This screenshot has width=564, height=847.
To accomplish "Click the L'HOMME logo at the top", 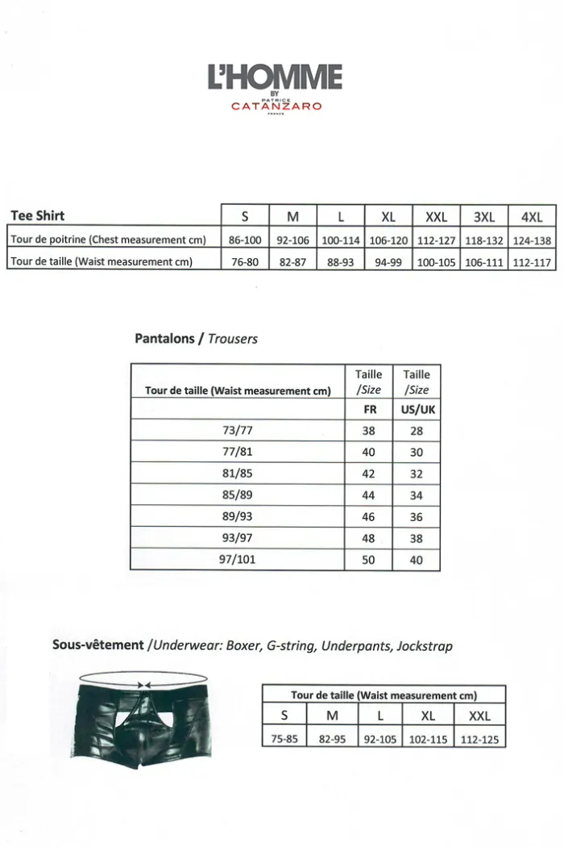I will pyautogui.click(x=275, y=77).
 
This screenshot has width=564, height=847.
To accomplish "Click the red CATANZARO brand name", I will pyautogui.click(x=276, y=106).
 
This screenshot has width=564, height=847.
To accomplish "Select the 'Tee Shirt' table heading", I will pyautogui.click(x=38, y=215).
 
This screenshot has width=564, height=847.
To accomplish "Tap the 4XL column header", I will pyautogui.click(x=532, y=216).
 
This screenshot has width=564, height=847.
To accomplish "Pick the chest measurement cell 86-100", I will pyautogui.click(x=245, y=240).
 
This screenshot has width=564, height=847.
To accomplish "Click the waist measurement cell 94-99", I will pyautogui.click(x=388, y=262).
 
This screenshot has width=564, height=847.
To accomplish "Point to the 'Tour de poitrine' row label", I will pyautogui.click(x=108, y=240).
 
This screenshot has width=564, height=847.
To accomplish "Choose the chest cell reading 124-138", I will pyautogui.click(x=532, y=240).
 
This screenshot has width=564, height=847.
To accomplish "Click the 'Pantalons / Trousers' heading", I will pyautogui.click(x=196, y=338).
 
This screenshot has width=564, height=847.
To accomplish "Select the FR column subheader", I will pyautogui.click(x=369, y=410).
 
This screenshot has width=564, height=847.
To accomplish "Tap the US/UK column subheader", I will pyautogui.click(x=417, y=410).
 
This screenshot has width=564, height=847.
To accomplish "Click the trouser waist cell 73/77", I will pyautogui.click(x=238, y=431).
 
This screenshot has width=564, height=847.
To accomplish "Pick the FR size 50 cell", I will pyautogui.click(x=369, y=559).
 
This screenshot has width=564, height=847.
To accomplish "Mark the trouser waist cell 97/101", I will pyautogui.click(x=238, y=559).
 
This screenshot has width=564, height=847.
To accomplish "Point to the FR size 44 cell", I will pyautogui.click(x=369, y=495).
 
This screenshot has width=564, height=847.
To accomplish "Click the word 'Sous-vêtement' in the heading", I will pyautogui.click(x=97, y=645).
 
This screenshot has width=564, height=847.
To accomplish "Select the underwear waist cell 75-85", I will pyautogui.click(x=284, y=738).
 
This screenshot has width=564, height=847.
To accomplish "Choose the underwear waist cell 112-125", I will pyautogui.click(x=480, y=738).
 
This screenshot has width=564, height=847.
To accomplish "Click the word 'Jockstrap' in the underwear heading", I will pyautogui.click(x=425, y=645).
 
